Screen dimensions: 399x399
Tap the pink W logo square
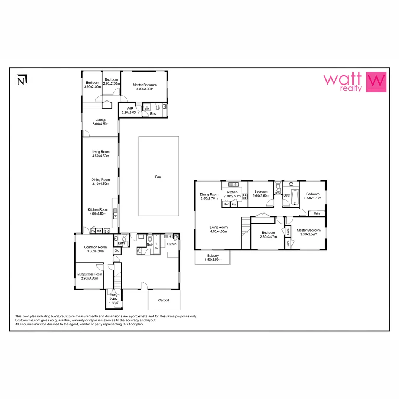376,82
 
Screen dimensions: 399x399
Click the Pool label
158,177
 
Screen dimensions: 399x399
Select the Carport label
164,300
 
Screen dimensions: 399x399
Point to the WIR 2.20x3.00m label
130,110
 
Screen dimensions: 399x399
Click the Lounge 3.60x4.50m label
101,122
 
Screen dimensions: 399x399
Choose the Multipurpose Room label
89,276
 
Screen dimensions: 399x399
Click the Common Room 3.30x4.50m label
95,249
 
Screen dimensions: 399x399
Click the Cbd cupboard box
117,250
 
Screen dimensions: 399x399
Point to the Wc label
278,192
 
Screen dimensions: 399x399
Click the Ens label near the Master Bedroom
153,113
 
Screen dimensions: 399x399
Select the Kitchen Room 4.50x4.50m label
98,211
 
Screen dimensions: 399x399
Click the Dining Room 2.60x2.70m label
209,197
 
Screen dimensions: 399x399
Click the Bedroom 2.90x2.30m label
111,82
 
